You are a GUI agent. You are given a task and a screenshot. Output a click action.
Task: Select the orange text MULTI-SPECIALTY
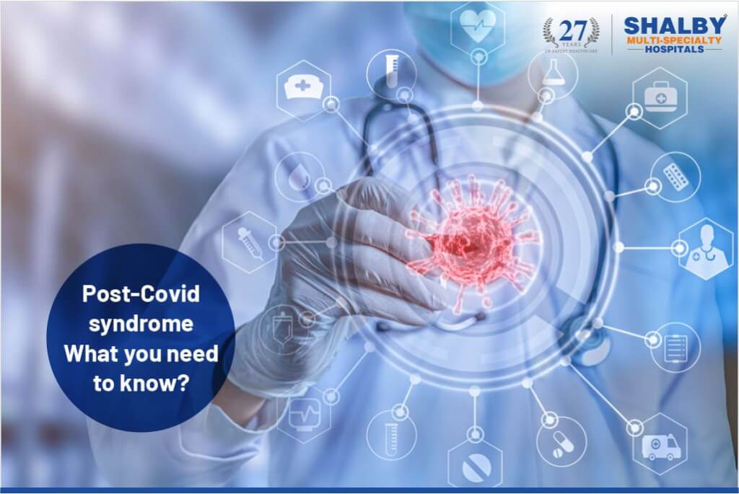point(673,41)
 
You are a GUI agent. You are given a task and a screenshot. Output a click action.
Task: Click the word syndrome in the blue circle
point(141,324)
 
